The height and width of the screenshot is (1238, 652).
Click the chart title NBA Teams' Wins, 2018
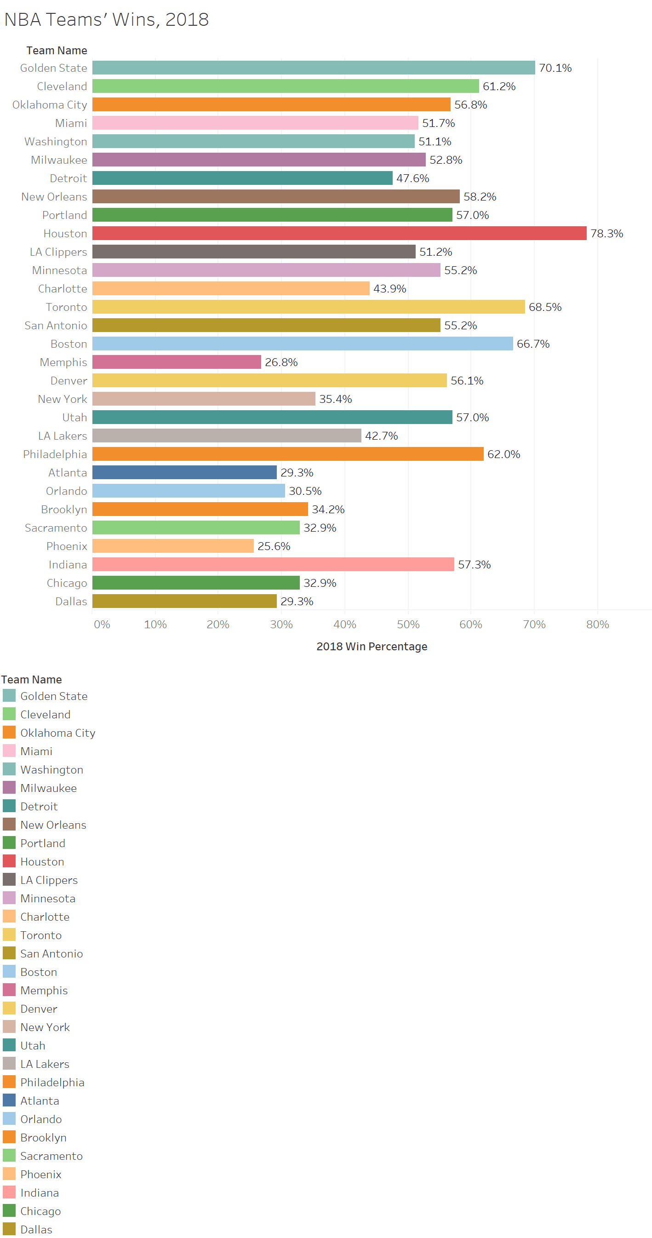(106, 20)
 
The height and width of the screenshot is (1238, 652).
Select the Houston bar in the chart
(339, 234)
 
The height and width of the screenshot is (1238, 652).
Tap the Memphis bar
(176, 362)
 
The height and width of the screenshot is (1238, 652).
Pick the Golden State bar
(313, 68)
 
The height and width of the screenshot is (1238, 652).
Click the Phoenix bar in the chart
(172, 546)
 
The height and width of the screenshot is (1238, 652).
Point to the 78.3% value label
(606, 234)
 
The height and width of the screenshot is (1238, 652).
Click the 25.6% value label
(274, 546)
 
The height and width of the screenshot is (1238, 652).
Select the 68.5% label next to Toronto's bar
(544, 307)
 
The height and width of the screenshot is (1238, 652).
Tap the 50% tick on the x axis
(407, 624)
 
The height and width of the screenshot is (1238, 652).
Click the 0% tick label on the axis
(102, 624)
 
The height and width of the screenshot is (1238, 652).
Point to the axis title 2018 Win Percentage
(372, 647)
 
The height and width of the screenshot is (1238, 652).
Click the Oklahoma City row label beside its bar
(50, 105)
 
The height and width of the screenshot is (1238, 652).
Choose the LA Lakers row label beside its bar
(63, 436)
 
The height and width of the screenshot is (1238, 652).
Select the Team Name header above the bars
(57, 51)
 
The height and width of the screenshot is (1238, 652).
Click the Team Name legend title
(31, 680)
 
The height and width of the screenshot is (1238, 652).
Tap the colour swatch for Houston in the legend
(9, 861)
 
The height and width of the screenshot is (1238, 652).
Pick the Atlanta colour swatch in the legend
(9, 1100)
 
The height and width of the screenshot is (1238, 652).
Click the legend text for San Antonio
(51, 954)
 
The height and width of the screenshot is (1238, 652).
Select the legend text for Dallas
(36, 1229)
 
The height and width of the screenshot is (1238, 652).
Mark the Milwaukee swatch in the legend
(9, 788)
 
